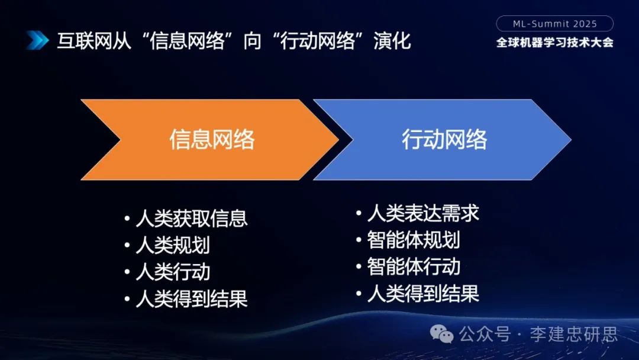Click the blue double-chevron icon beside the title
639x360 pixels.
[37, 40]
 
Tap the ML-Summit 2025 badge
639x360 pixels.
[554, 24]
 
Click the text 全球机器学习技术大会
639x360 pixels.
[554, 43]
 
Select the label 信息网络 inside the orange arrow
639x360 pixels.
[212, 140]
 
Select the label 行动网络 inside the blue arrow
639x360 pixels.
[444, 140]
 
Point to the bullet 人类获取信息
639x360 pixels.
[191, 218]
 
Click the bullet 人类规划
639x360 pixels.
[172, 245]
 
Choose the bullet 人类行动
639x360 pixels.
[172, 272]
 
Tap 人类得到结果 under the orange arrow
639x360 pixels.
[191, 298]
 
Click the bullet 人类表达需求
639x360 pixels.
[422, 213]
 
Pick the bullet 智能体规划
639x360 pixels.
[413, 240]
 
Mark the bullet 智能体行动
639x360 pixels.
[413, 266]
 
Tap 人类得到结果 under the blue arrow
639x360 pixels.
[422, 293]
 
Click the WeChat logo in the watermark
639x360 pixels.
[442, 334]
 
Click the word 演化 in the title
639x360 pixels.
[392, 41]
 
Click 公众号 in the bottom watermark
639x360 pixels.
[485, 334]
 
